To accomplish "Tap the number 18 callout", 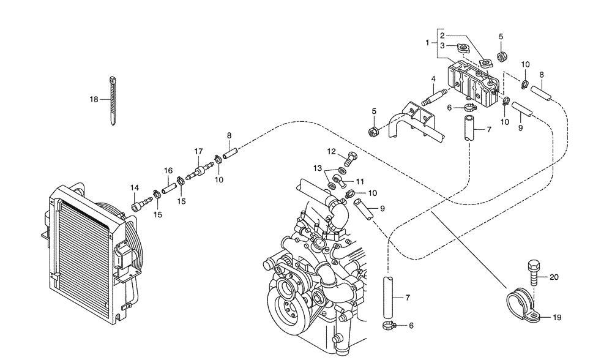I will pos(94,99).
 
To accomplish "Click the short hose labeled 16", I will pos(168,183).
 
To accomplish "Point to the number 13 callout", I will pos(318,168).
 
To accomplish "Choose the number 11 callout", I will pos(360,181).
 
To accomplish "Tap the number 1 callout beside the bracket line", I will pos(428,43).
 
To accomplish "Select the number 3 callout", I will pos(441,45).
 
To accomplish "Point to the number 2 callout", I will pos(441,36).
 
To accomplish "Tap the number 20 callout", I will pos(554,277).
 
